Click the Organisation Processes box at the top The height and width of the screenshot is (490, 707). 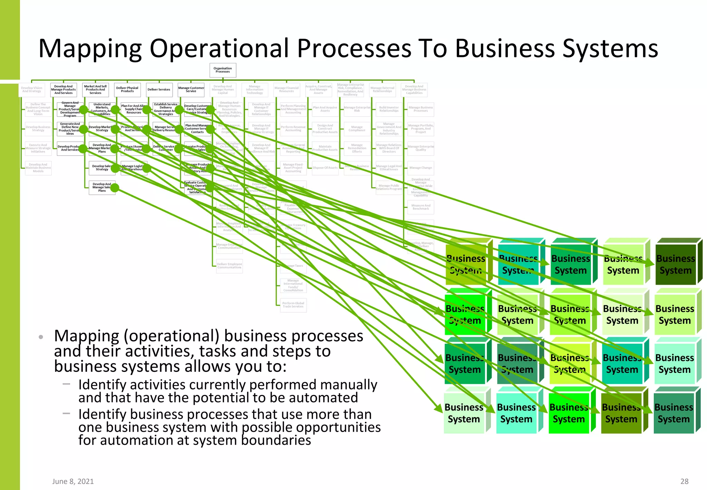(223, 70)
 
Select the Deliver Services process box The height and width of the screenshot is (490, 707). (159, 89)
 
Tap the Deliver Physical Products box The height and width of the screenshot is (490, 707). (127, 89)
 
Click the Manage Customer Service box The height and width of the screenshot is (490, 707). (191, 89)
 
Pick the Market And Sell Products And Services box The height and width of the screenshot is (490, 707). (96, 89)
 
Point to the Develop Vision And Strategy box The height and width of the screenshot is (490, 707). (32, 89)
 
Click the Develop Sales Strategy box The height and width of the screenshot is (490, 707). (102, 168)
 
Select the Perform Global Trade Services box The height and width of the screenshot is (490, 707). (293, 305)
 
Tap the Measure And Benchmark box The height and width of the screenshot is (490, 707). (420, 207)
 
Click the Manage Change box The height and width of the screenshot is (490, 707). (420, 168)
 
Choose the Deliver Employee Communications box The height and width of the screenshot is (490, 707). (229, 266)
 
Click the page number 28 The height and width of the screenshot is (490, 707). (684, 481)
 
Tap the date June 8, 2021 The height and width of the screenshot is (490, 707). (73, 481)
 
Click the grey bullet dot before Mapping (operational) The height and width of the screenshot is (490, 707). (41, 337)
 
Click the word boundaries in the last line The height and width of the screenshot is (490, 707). (276, 441)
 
